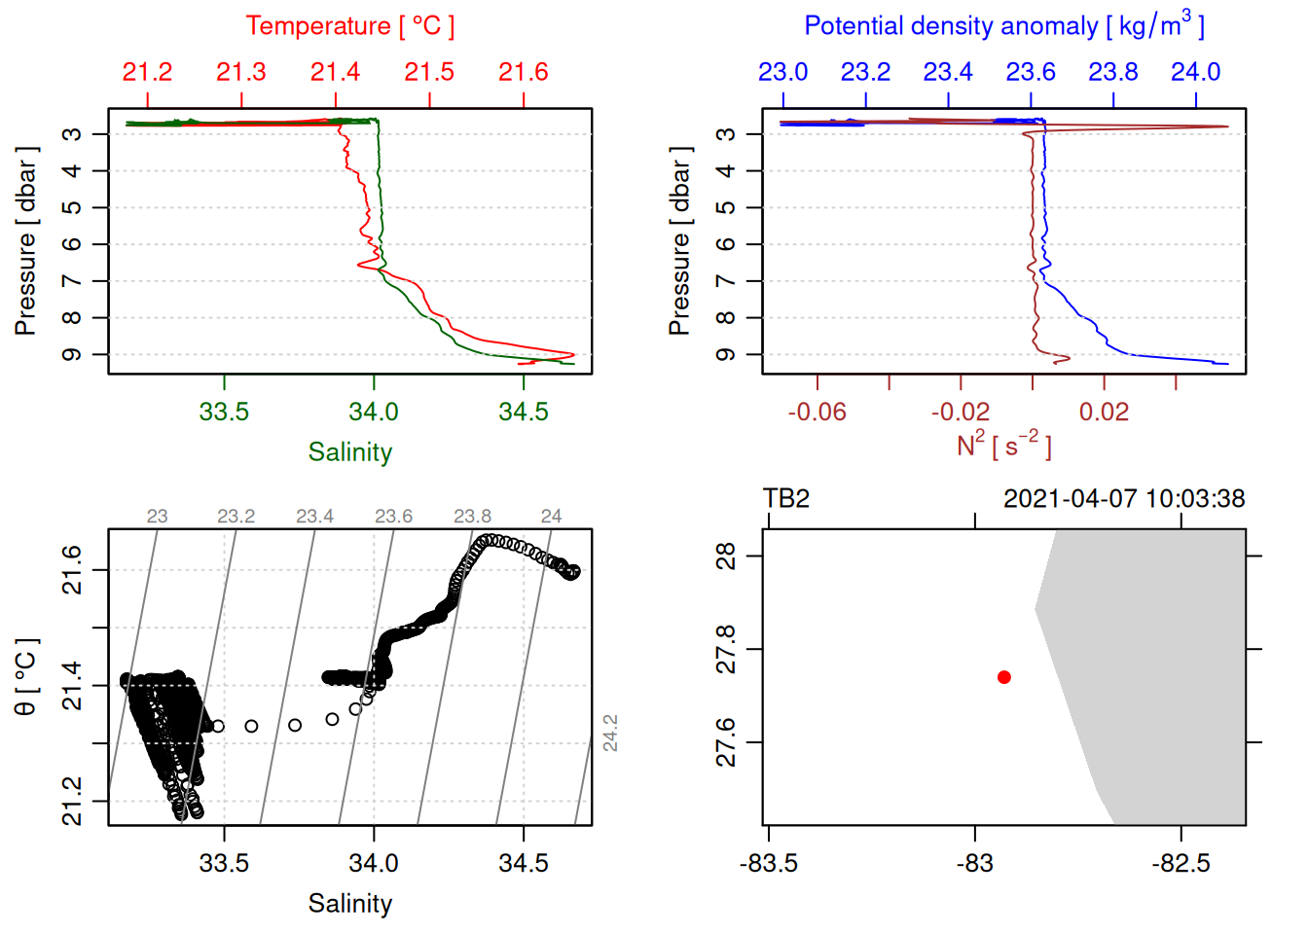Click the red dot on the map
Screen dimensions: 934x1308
coord(1003,677)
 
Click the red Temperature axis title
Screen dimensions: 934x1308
coord(349,26)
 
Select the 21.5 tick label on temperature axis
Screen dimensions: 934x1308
coord(429,72)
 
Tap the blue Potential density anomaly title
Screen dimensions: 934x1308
coord(1003,26)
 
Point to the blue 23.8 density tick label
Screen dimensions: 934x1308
coord(1112,72)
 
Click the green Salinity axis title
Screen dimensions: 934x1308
coord(349,452)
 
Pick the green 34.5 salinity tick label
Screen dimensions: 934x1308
coord(523,413)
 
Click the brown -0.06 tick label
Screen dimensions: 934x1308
coord(817,413)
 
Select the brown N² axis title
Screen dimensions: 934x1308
coord(1003,446)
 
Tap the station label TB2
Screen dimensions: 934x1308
coord(786,499)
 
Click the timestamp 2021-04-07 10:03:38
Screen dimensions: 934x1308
coord(1123,499)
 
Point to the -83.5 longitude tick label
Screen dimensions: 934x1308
coord(768,864)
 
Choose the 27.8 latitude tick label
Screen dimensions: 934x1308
coord(726,649)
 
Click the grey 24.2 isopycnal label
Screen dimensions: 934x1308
coord(610,733)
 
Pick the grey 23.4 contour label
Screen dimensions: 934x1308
coord(314,517)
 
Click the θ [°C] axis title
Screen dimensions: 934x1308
coord(25,677)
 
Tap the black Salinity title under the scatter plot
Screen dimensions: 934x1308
coord(349,904)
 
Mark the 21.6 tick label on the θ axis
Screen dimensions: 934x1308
coord(72,569)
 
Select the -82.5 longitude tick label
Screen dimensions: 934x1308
coord(1181,864)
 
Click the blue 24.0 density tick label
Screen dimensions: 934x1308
coord(1195,72)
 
